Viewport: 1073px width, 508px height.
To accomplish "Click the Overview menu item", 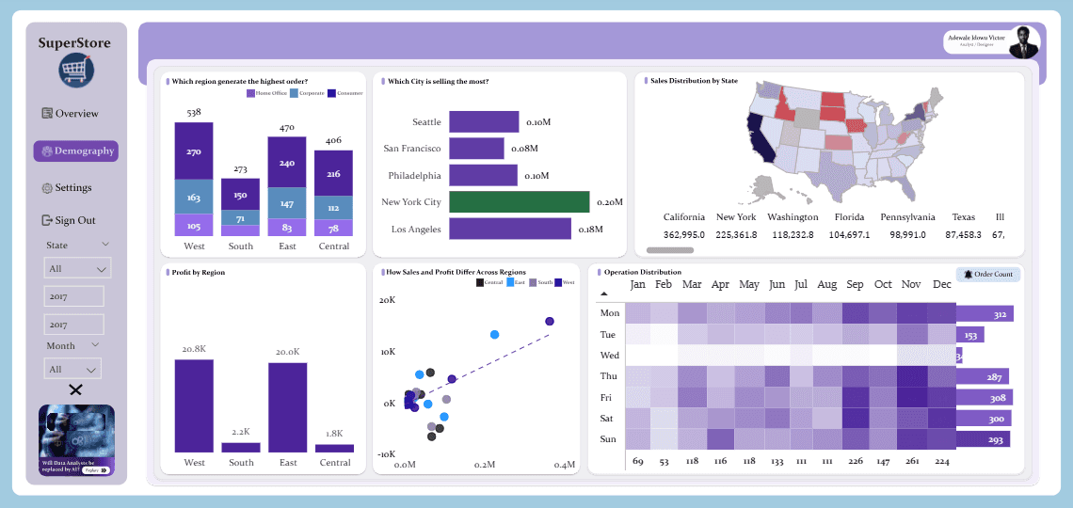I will coord(70,114).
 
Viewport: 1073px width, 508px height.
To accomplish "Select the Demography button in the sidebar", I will coord(76,151).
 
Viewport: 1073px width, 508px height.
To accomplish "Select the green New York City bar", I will coord(519,202).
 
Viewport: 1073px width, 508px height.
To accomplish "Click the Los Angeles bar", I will coord(509,229).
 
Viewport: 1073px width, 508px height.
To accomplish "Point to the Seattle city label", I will coord(426,122).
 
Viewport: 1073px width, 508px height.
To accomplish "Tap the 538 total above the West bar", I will coord(194,113).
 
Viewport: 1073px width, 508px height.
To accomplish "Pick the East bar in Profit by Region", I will coord(287,407).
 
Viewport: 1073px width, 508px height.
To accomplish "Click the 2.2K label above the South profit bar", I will coord(240,432).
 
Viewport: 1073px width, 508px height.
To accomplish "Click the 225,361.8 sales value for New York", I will coord(736,235).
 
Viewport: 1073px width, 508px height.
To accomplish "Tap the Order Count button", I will coord(988,274).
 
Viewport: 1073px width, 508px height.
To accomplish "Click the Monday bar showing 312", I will coord(984,314).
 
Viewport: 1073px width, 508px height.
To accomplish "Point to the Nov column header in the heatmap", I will coord(911,284).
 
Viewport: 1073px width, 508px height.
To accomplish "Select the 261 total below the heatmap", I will coord(912,462).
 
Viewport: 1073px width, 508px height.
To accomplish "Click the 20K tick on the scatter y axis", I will coord(387,301).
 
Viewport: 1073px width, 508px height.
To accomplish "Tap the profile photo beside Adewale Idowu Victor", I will coord(1024,42).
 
